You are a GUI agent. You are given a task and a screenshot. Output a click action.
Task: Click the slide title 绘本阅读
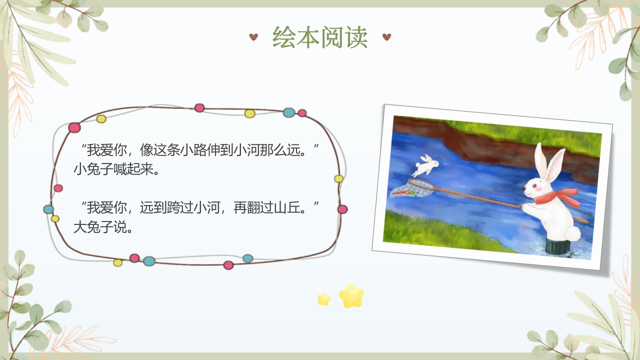tap(320, 37)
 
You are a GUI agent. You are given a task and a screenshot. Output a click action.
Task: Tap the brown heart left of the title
tap(253, 36)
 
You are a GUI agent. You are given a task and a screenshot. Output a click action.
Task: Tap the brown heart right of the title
tap(386, 36)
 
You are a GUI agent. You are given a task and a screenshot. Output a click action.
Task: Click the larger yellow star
tap(351, 295)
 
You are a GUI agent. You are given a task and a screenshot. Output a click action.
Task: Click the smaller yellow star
tap(324, 299)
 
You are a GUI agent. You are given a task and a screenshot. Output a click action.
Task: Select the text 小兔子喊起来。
tap(116, 169)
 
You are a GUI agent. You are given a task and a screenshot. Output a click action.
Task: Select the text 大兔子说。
tap(103, 227)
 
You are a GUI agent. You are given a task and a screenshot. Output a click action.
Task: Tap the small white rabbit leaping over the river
tap(426, 164)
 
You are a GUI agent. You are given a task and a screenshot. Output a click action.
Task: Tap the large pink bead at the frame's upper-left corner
tap(74, 127)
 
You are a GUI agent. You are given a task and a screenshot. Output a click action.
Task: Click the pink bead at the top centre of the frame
tap(199, 107)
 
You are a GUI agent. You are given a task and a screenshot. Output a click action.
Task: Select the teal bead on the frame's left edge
tap(48, 209)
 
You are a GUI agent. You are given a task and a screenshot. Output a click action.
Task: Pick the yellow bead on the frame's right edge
tap(338, 178)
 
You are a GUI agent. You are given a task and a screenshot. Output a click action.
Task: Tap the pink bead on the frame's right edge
tap(342, 209)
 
